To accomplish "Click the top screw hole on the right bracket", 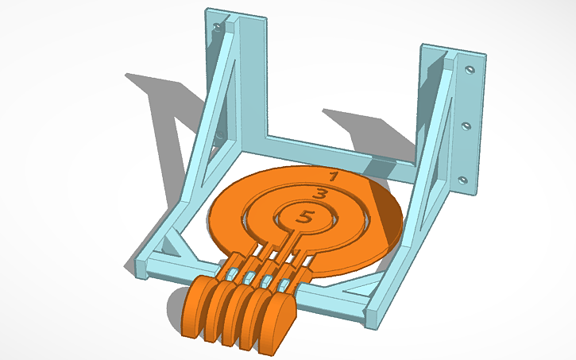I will tap(468, 69).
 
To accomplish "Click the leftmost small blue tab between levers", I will tap(231, 273).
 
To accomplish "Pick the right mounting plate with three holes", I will tap(469, 123).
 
